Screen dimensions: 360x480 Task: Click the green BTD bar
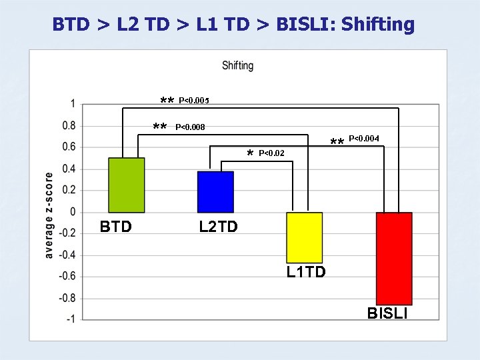pos(127,185)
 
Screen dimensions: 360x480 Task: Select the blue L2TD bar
pos(215,192)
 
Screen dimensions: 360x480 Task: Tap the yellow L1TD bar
pos(304,237)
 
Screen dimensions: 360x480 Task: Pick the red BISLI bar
pos(394,259)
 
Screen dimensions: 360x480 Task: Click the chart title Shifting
pos(237,65)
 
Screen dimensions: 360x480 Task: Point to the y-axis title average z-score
pos(49,215)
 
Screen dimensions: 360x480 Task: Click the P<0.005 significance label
pos(193,101)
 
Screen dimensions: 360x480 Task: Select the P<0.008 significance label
pos(189,127)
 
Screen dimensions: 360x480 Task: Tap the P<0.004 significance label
pos(364,139)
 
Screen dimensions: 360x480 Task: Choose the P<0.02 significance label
pos(271,153)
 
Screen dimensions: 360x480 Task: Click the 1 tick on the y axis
pos(72,103)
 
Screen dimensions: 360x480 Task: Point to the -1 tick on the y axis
pos(69,319)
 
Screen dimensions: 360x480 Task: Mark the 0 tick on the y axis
pos(72,211)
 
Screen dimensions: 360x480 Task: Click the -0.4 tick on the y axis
pos(67,255)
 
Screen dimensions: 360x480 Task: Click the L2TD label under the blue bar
pos(218,227)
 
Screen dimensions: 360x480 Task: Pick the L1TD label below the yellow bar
pos(306,272)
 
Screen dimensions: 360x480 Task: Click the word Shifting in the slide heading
pos(379,25)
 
